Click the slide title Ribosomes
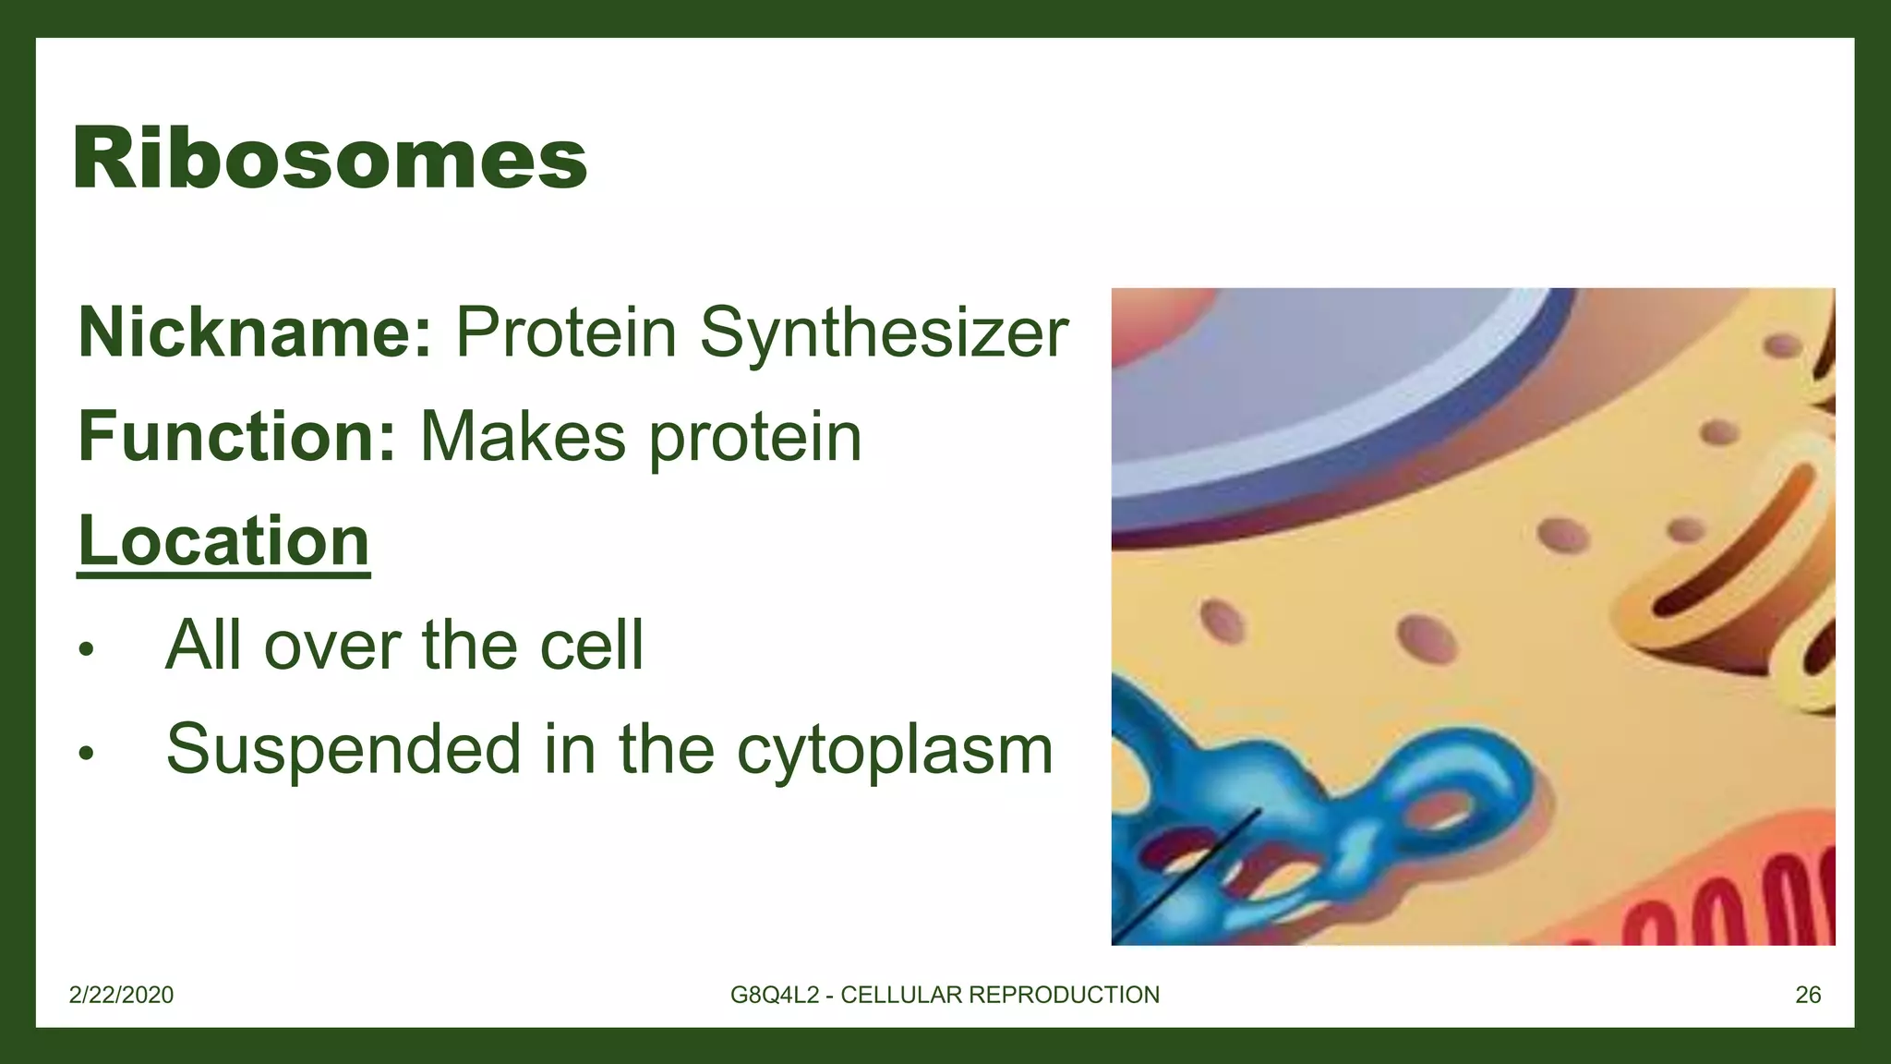click(x=330, y=159)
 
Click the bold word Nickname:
click(x=255, y=332)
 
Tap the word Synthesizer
click(x=884, y=332)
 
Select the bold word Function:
click(x=237, y=436)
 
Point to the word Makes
click(x=523, y=436)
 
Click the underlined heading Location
click(x=223, y=541)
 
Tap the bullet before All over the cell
click(x=86, y=649)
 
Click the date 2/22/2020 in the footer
click(x=121, y=995)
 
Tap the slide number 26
click(x=1807, y=995)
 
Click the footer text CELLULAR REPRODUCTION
click(x=999, y=995)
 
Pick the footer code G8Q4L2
click(x=774, y=995)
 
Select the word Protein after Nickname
click(x=566, y=332)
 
